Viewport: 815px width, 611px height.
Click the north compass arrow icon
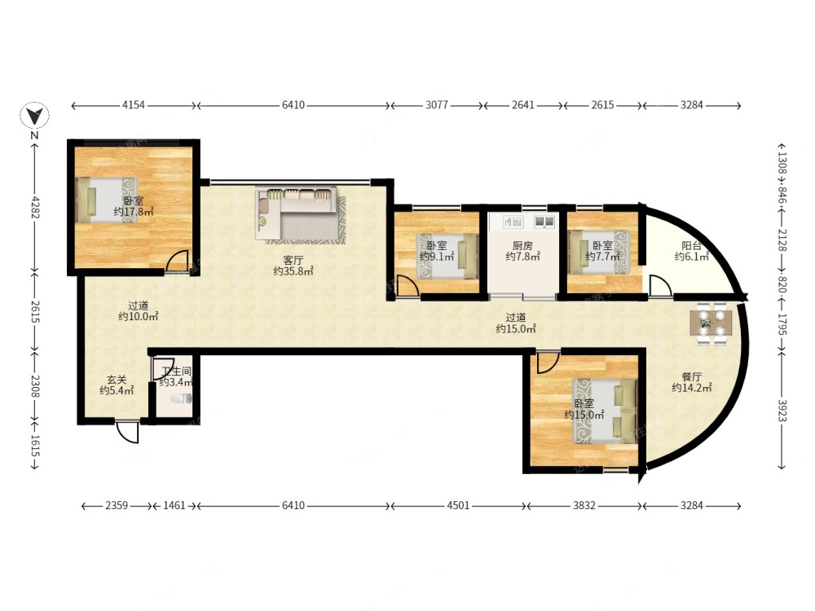click(34, 116)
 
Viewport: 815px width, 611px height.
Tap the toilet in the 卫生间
click(182, 398)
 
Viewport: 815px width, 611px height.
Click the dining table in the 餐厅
click(711, 323)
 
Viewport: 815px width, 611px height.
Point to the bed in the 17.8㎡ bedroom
click(108, 200)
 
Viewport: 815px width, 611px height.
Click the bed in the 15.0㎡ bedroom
click(605, 411)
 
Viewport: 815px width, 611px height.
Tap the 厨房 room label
click(522, 245)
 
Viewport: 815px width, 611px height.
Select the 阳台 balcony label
click(691, 246)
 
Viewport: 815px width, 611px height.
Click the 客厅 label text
click(293, 260)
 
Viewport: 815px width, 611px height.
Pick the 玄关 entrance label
click(117, 380)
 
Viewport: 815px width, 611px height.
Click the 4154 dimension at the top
click(133, 105)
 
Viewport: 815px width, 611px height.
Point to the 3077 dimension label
click(437, 105)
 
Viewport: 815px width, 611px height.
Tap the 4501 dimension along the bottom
click(458, 505)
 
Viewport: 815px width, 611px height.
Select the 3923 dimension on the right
click(782, 409)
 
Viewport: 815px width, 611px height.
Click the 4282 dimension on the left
click(34, 207)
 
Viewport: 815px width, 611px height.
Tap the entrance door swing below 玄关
click(128, 431)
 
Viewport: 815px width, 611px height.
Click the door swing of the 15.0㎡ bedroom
click(548, 363)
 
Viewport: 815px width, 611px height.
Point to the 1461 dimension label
click(174, 505)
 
